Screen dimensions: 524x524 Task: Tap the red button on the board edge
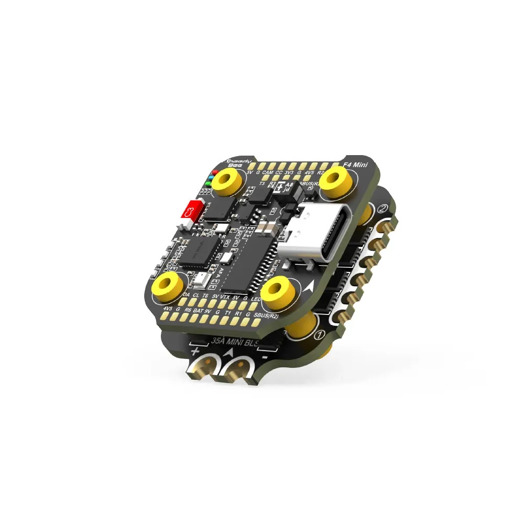191,211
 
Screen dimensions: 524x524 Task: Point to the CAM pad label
267,172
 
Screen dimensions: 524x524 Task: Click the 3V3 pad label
288,172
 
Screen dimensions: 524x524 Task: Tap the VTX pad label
225,297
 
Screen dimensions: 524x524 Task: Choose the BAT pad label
198,310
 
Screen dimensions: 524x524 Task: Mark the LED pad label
256,298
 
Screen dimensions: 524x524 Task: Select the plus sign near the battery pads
195,350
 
